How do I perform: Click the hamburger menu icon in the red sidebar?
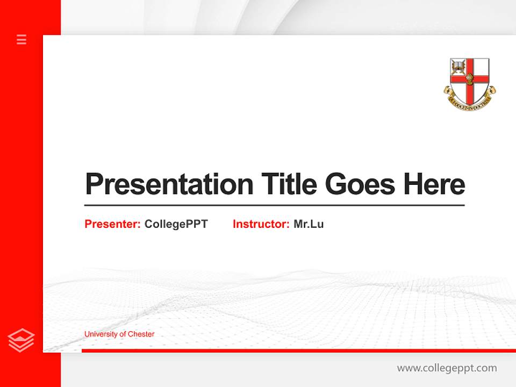[x=21, y=39]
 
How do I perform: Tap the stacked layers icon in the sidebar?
[x=21, y=340]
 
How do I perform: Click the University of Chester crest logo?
[x=470, y=83]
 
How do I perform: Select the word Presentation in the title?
[x=169, y=184]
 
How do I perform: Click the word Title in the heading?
[x=289, y=184]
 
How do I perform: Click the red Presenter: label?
[x=112, y=224]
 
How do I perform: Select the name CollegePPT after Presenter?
[x=176, y=224]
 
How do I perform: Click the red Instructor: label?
[x=261, y=224]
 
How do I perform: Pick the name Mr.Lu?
[x=309, y=224]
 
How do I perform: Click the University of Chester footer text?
[x=119, y=334]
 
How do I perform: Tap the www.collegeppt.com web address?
[x=447, y=368]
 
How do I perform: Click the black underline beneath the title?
[x=274, y=205]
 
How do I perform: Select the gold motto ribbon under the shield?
[x=470, y=102]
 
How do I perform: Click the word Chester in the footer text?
[x=141, y=334]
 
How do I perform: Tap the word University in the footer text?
[x=99, y=334]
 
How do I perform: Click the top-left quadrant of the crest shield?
[x=458, y=67]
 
